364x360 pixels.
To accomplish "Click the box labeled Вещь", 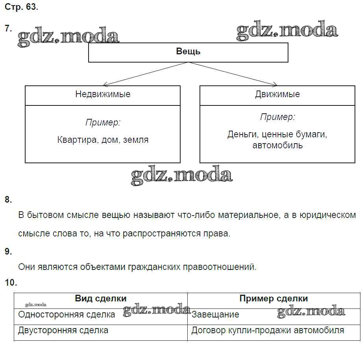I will [188, 52].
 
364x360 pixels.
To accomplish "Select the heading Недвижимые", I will [103, 94].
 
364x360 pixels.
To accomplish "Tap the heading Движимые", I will [277, 94].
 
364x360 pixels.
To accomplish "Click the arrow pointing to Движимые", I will [232, 74].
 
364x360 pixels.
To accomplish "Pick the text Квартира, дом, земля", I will [103, 140].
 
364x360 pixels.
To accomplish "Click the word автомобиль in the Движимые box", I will [277, 145].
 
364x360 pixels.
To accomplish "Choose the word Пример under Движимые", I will [277, 117].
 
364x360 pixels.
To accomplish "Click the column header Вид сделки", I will [101, 299].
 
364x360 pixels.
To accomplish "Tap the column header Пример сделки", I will [273, 299].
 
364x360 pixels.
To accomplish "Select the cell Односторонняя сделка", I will [67, 314].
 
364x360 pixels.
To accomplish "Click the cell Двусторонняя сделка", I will [63, 330].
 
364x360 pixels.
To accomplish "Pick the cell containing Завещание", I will [215, 315].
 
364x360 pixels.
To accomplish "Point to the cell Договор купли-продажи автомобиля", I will [268, 330].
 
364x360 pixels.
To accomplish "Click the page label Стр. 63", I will [22, 8].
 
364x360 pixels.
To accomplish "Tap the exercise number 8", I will [8, 199].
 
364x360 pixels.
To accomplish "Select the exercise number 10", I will [11, 282].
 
